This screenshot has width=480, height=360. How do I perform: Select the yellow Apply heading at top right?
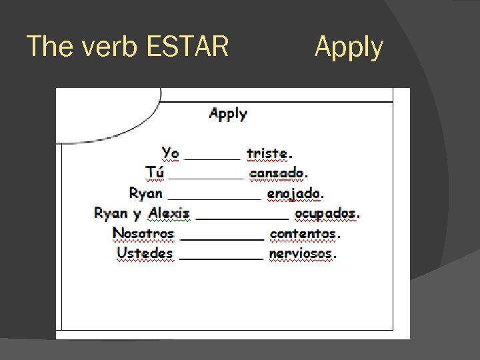(x=349, y=48)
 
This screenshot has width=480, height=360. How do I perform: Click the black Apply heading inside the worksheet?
(x=228, y=113)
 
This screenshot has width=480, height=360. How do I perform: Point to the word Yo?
(x=170, y=153)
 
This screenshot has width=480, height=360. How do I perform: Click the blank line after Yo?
(x=212, y=157)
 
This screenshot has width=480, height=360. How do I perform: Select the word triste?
(x=267, y=153)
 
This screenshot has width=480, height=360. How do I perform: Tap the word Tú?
(x=155, y=173)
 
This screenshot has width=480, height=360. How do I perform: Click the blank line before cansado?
(x=206, y=177)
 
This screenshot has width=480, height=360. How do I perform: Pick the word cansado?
(x=277, y=173)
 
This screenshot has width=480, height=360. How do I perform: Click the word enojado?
(x=294, y=193)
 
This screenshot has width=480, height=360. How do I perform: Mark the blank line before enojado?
(x=214, y=197)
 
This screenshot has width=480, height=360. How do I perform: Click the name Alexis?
(x=169, y=213)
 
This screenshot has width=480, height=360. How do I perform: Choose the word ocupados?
(x=325, y=213)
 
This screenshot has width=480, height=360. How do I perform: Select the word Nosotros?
(x=143, y=233)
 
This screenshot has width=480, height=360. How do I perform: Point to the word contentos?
(x=303, y=233)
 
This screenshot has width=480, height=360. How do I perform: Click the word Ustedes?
(x=145, y=253)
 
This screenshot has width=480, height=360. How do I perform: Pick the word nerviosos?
(x=301, y=253)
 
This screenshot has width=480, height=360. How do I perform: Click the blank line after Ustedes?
(x=221, y=257)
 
